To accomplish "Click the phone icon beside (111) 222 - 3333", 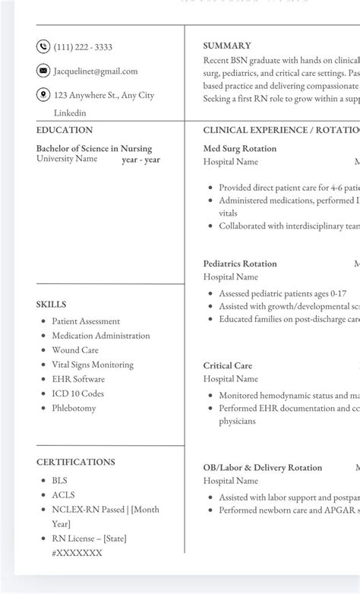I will point(43,47).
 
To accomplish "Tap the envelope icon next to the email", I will point(43,71).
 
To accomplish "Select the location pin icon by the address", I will point(43,95).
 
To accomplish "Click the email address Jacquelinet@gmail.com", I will point(96,71).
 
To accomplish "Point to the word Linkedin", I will point(70,113).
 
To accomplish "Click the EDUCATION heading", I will point(65,130).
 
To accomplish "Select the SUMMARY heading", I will point(227,46).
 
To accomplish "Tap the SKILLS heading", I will point(51,305).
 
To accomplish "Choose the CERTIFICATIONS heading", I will point(76,462).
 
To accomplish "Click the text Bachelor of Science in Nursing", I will point(94,149).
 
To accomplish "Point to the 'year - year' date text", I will point(141,160).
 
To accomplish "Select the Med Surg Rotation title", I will point(240,149).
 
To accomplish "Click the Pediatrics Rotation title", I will point(240,264).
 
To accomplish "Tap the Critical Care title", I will point(228,365).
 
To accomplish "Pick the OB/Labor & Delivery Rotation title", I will point(263,467).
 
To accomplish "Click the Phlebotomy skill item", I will point(74,408).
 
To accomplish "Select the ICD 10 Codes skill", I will point(77,393).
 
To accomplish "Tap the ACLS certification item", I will point(63,495).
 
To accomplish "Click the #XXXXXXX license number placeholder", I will point(77,553).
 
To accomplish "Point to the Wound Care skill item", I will point(75,350).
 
